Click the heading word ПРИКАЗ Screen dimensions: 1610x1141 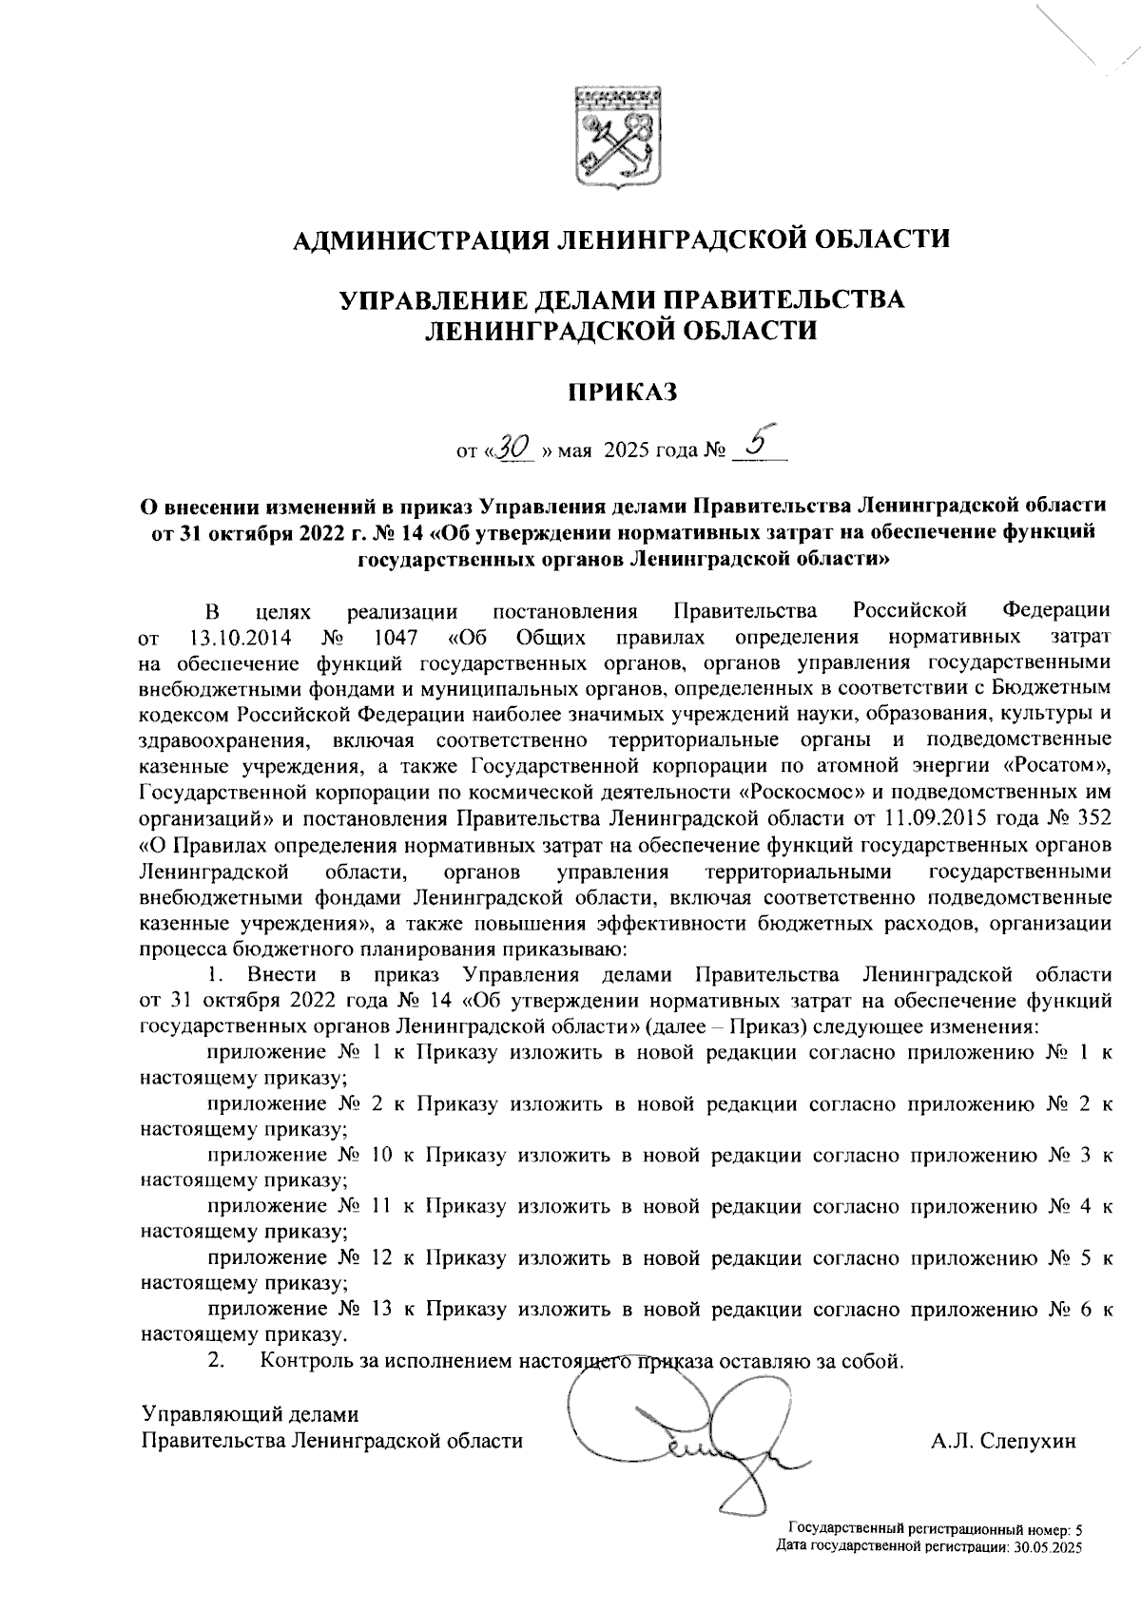[621, 391]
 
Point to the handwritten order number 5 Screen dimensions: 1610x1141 [757, 442]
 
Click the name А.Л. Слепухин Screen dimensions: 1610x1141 [1003, 1441]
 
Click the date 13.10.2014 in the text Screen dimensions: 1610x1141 [241, 635]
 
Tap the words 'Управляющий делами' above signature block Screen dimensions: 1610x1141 [250, 1414]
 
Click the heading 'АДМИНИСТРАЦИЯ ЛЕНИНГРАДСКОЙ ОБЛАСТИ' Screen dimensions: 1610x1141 [621, 238]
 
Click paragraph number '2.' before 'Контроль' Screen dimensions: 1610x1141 [216, 1361]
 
